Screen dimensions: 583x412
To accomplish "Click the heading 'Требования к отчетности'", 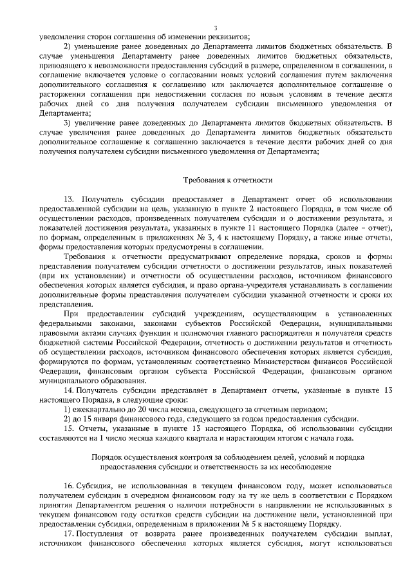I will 228,180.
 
